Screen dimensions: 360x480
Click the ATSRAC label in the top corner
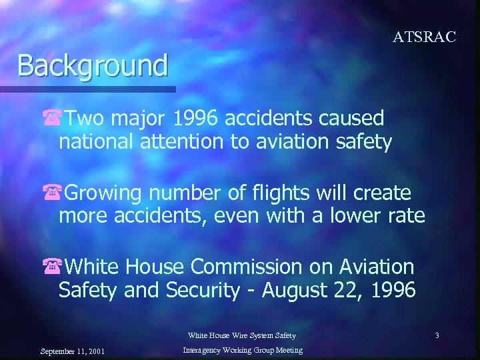pos(424,37)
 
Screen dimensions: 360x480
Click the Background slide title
pos(93,66)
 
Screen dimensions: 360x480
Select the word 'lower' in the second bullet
pos(355,217)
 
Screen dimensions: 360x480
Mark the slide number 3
pos(437,335)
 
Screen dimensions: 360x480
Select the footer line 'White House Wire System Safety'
pos(241,335)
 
